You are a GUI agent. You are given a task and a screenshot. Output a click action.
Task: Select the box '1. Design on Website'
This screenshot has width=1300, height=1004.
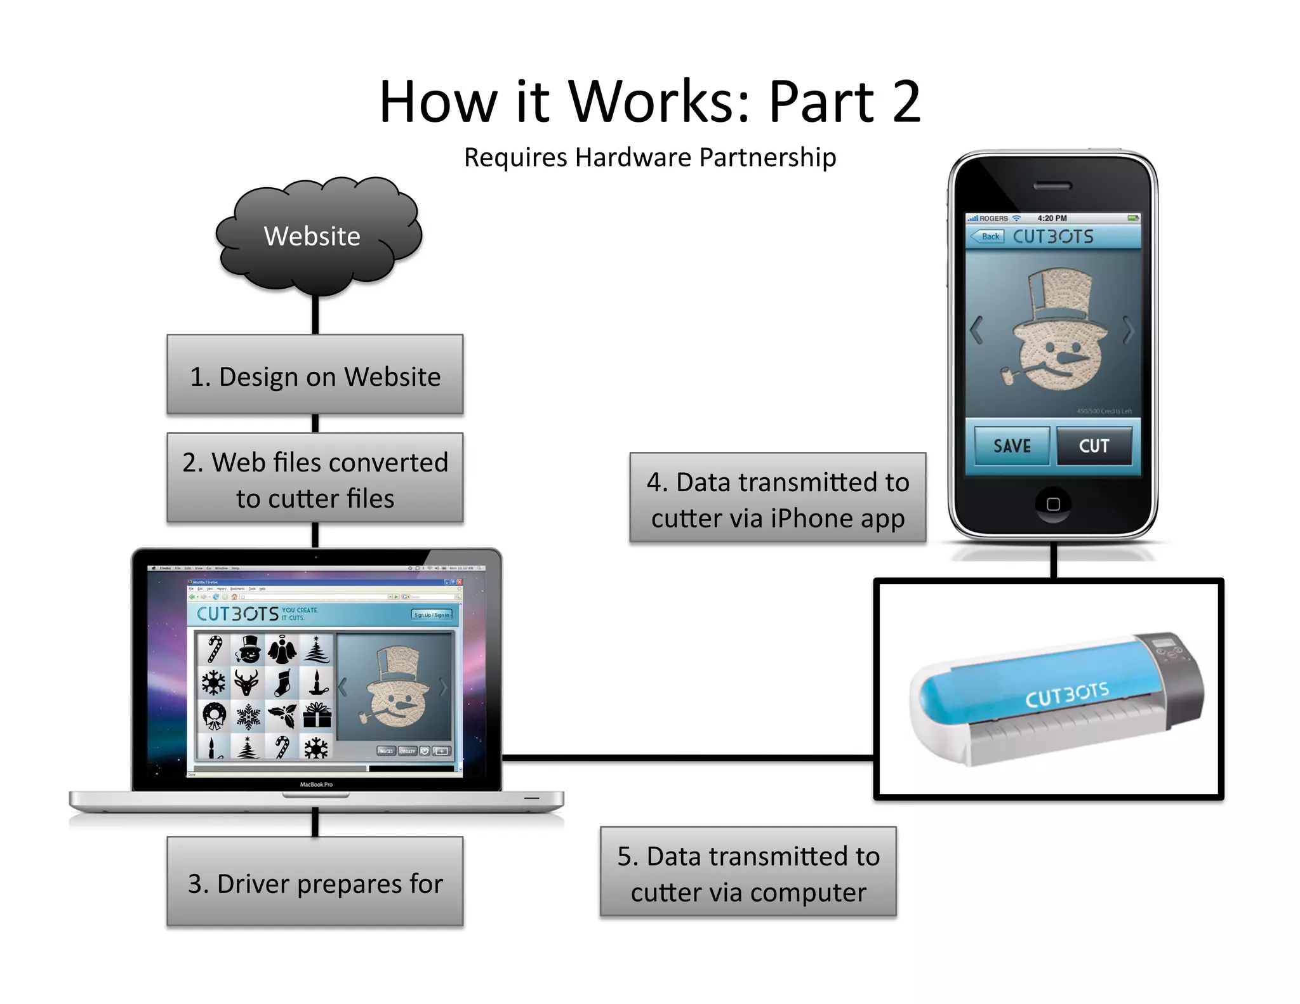315,376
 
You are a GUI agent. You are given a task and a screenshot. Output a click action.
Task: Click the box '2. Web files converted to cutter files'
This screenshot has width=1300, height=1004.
315,479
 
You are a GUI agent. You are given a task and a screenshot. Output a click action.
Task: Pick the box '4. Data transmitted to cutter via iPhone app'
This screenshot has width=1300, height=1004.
778,499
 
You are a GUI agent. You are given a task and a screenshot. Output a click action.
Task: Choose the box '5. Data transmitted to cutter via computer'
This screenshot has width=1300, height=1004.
748,873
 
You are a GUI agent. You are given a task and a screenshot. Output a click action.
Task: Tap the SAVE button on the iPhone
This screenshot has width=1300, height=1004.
1012,446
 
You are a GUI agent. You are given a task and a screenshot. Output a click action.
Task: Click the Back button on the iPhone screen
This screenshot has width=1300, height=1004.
988,237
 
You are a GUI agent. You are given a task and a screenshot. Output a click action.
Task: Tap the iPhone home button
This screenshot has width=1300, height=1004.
1053,504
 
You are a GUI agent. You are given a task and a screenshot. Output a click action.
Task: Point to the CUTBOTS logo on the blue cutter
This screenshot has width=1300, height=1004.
1067,694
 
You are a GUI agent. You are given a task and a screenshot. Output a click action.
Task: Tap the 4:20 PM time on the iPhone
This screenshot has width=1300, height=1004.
1052,218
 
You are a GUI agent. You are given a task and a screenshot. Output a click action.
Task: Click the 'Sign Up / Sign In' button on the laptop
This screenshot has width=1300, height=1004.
432,615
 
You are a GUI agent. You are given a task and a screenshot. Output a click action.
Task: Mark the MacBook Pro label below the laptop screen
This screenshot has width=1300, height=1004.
316,784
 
